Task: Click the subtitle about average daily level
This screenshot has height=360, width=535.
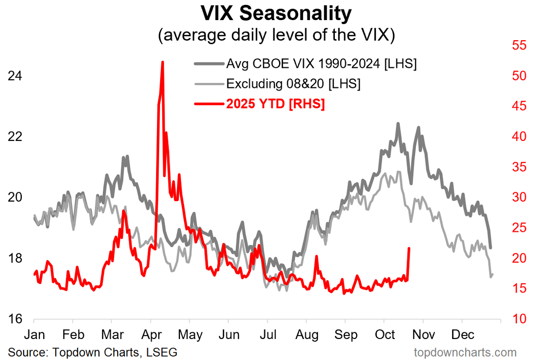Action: click(x=276, y=36)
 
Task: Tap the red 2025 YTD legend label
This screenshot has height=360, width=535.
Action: click(x=276, y=104)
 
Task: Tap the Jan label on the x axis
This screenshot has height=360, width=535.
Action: click(x=34, y=335)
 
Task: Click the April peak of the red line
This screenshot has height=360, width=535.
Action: click(x=162, y=62)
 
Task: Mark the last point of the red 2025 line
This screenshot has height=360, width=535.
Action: click(x=409, y=248)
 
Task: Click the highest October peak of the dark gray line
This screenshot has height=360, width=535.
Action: click(x=398, y=124)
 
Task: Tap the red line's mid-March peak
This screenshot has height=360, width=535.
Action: click(x=123, y=211)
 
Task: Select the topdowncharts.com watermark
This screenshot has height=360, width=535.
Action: click(x=465, y=352)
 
